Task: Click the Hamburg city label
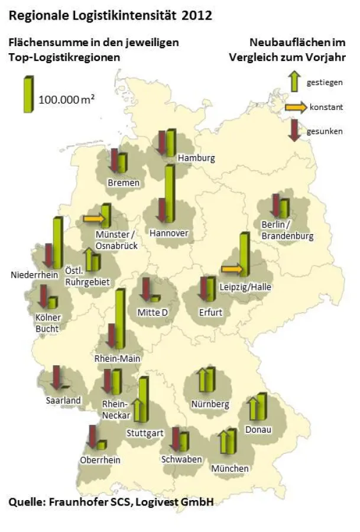196,158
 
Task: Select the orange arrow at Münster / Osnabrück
93,219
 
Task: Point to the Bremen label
124,183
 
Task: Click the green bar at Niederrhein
57,242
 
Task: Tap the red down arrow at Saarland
57,377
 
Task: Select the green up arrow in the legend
294,82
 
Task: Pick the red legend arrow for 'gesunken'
294,129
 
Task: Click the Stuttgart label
145,433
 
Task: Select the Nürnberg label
210,404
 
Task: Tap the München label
230,468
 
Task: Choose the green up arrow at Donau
252,408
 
